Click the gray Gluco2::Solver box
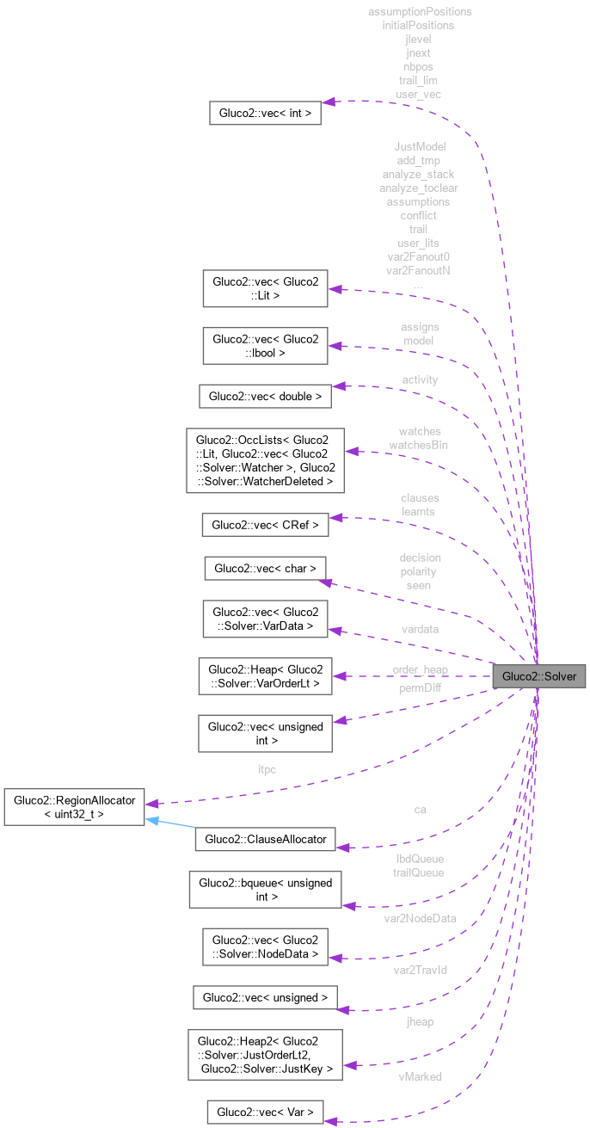(538, 676)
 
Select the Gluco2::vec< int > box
(266, 113)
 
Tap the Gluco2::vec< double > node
(265, 397)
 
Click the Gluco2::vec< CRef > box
(265, 524)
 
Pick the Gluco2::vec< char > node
(265, 568)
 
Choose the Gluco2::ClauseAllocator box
(265, 840)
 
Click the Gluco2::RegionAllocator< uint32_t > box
(74, 806)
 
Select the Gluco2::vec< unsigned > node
(265, 997)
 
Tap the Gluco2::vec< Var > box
(265, 1112)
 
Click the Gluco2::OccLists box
(265, 460)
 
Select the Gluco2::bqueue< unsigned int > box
(265, 890)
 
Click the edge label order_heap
(420, 669)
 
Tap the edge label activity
(419, 379)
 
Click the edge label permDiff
(419, 688)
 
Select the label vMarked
(420, 1076)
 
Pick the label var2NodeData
(420, 918)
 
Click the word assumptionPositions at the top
(419, 12)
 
